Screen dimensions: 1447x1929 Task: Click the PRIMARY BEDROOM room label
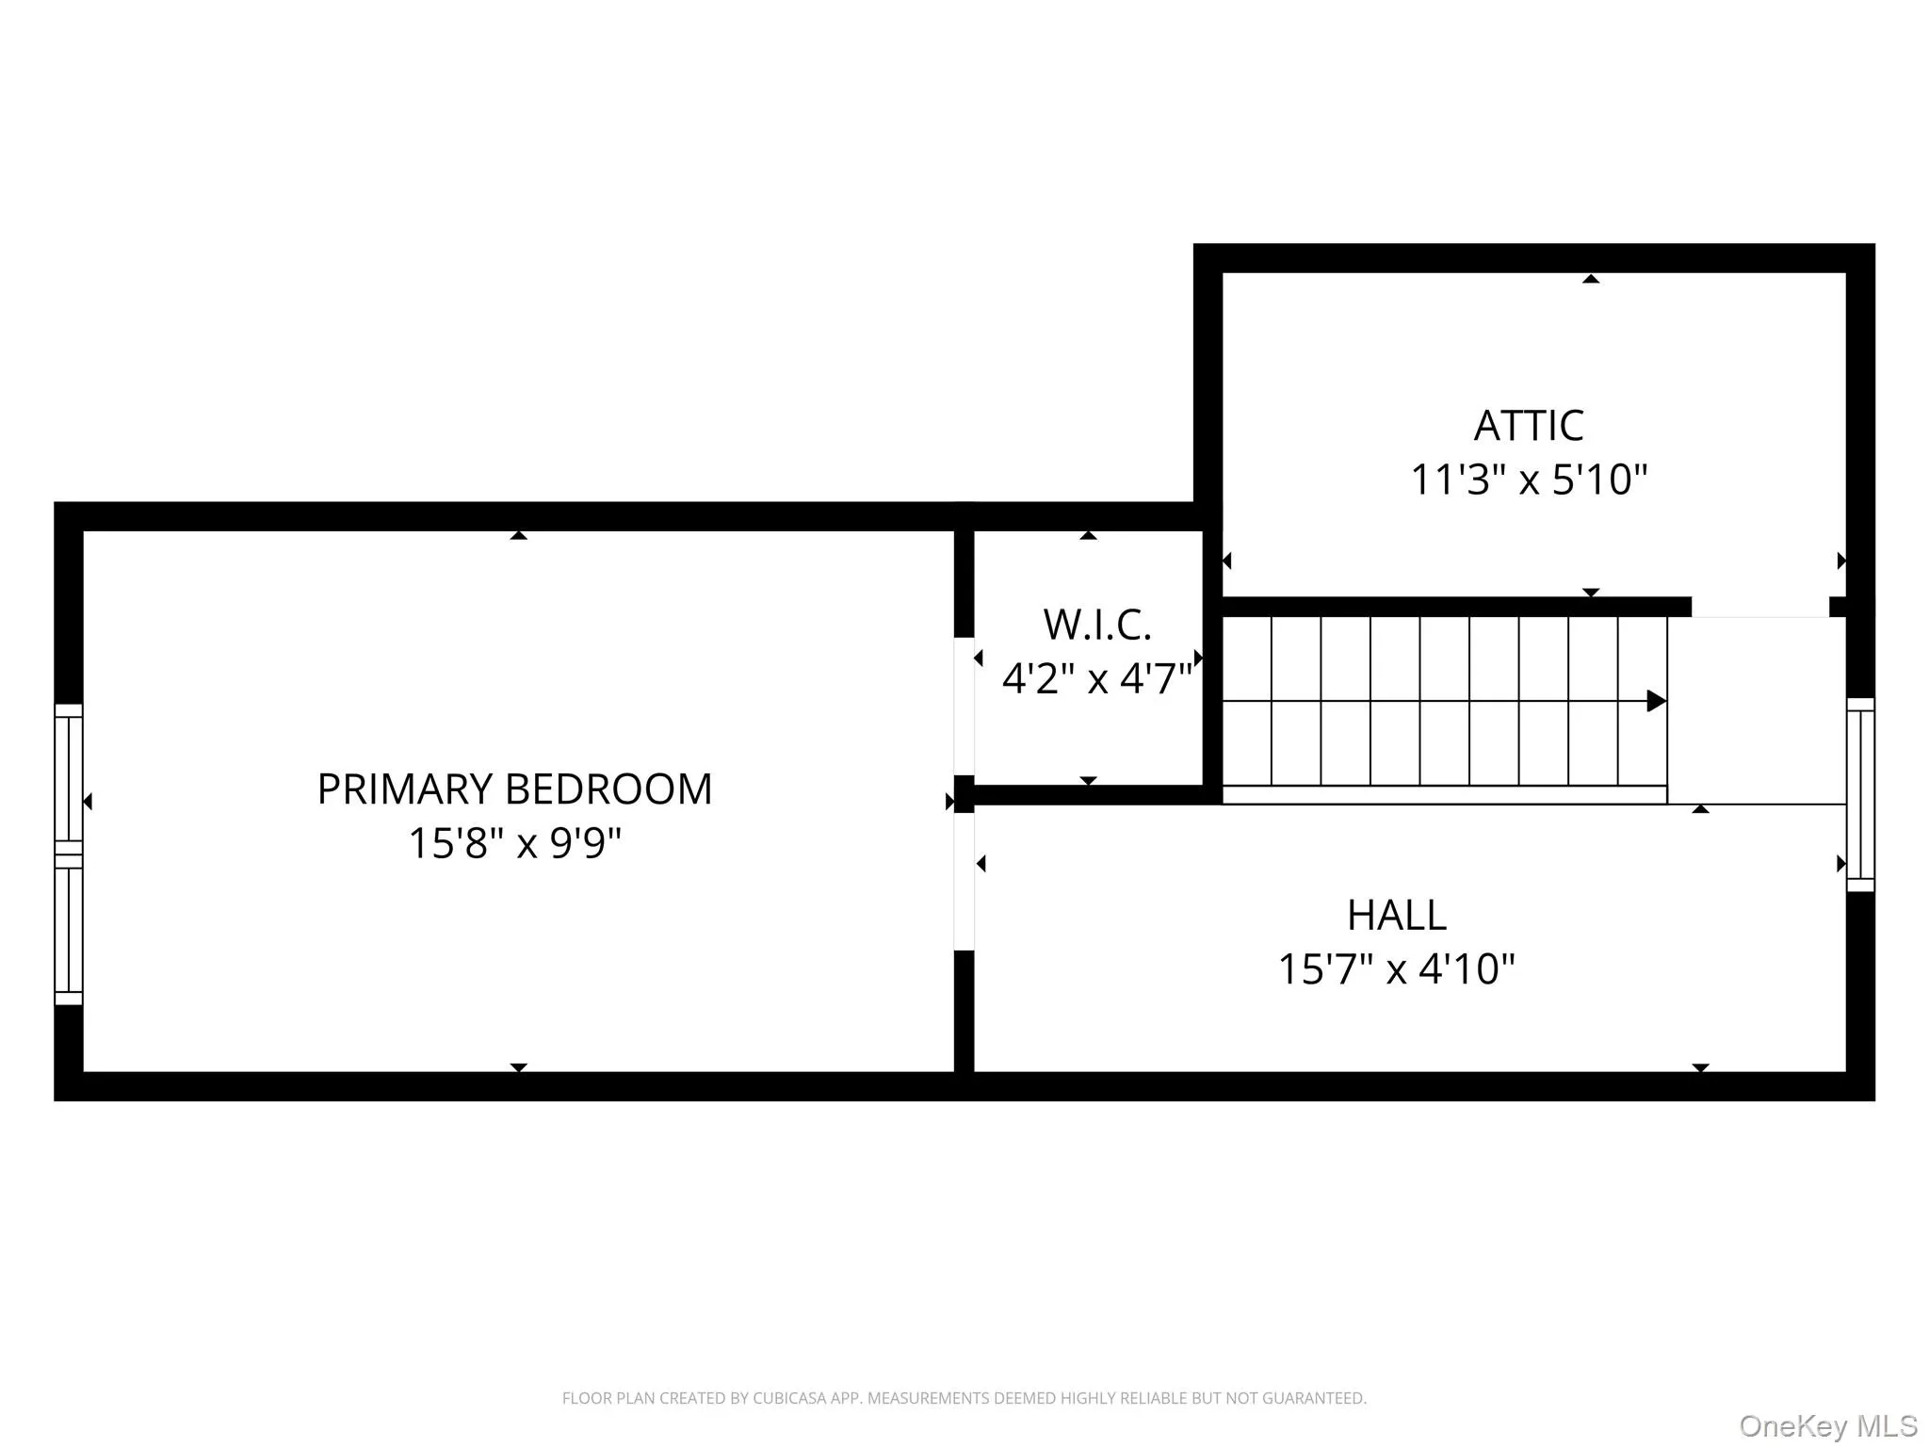[x=514, y=789]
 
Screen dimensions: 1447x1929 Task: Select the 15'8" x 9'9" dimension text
[x=514, y=843]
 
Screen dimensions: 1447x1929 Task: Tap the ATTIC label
[x=1529, y=426]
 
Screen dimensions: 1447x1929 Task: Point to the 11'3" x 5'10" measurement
[x=1529, y=480]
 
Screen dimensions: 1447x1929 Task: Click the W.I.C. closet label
[x=1097, y=625]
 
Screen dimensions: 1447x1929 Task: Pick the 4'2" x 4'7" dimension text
[x=1097, y=678]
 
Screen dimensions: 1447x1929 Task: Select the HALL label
[x=1396, y=915]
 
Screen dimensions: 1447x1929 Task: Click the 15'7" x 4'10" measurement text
[x=1396, y=968]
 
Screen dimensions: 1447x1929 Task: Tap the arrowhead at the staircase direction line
[x=1656, y=701]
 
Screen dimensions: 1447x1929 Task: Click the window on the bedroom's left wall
[x=69, y=854]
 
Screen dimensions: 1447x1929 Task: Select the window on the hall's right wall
[x=1860, y=794]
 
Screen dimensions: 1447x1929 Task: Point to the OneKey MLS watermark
[x=1827, y=1425]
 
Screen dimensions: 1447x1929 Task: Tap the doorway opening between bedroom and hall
[x=964, y=881]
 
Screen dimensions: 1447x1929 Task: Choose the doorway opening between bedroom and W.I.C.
[x=964, y=706]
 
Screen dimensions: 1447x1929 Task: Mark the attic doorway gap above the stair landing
[x=1759, y=608]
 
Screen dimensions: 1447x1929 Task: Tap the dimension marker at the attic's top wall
[x=1591, y=279]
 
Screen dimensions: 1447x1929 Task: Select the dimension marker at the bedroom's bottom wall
[x=518, y=1067]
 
